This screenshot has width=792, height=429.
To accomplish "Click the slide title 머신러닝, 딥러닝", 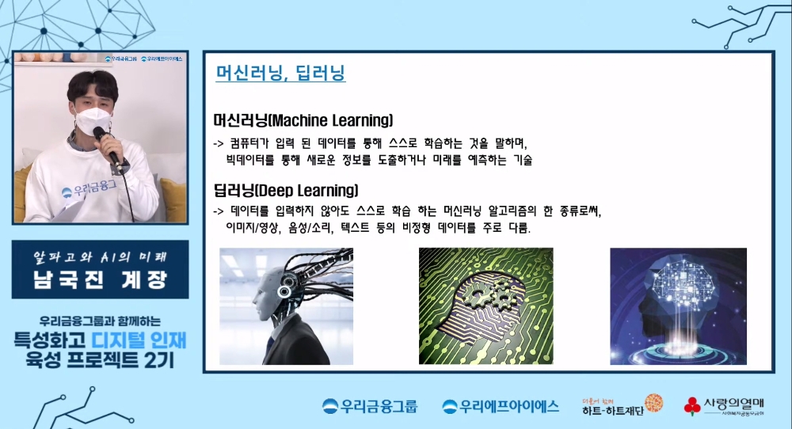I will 280,74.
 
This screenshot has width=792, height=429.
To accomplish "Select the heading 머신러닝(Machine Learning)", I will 303,121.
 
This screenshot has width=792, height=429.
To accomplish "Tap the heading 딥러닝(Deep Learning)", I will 286,191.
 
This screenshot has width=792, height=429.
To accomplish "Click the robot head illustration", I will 286,305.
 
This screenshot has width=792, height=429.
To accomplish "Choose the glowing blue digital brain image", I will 678,306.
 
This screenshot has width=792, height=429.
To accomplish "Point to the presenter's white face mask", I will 91,121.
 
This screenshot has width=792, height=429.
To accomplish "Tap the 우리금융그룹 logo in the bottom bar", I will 370,407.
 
